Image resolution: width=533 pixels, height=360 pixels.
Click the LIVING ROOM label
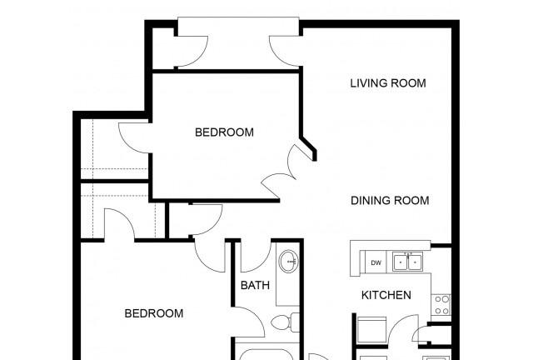388,83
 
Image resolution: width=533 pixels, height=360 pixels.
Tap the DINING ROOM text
390,201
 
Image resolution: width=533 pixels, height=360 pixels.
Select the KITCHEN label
386,295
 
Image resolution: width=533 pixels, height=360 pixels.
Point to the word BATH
255,285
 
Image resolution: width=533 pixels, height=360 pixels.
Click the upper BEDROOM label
224,132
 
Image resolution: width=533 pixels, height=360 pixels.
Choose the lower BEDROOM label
154,313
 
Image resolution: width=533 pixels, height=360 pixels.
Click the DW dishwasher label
376,262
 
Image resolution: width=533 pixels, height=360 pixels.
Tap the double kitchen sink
407,262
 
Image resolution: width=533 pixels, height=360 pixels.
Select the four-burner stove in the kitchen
441,304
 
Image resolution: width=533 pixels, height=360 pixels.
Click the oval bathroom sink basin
288,262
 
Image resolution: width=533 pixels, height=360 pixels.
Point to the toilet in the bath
286,322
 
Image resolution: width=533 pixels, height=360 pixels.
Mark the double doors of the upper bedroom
281,170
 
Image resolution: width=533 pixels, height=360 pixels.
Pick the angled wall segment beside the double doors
309,147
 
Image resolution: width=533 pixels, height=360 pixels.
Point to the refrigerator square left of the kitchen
372,330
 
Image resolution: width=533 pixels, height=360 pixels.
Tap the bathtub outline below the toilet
266,354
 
